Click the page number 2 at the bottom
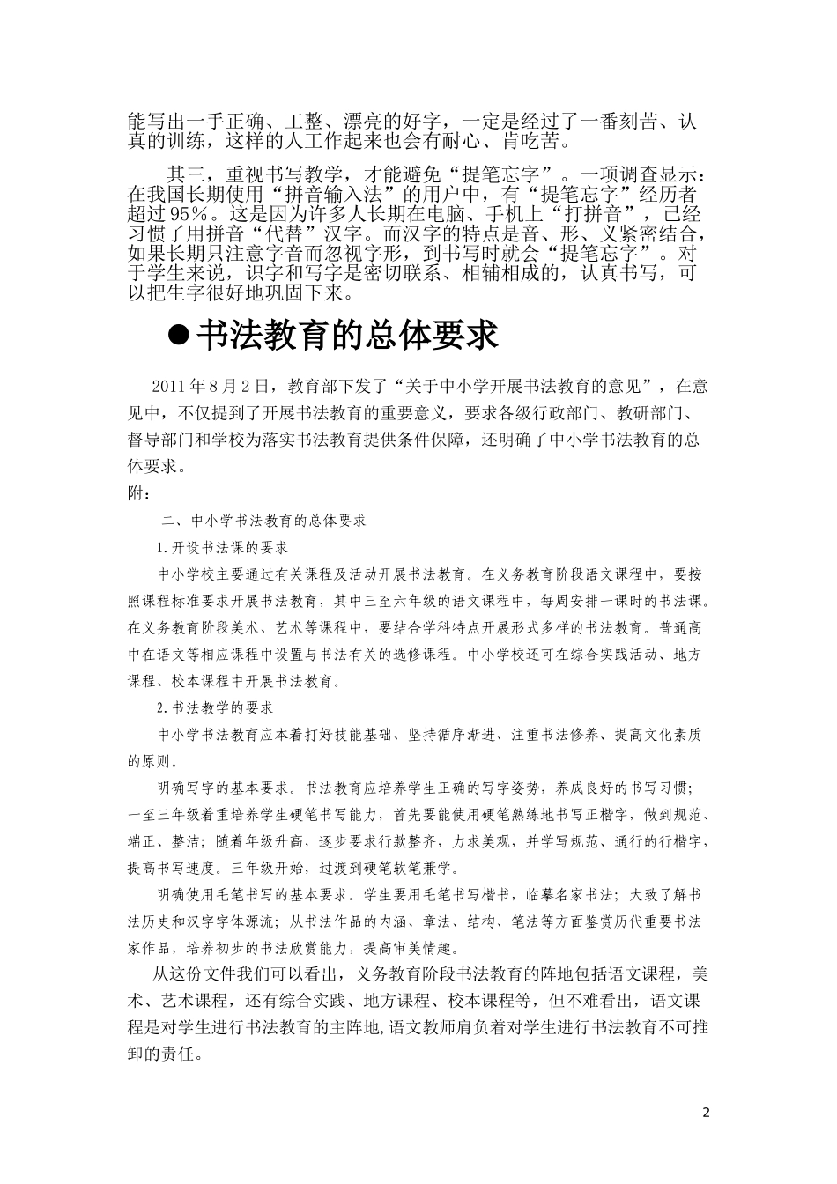[x=706, y=1112]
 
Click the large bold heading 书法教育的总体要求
[x=347, y=336]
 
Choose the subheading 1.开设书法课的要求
[x=221, y=547]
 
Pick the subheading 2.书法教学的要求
[x=214, y=707]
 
